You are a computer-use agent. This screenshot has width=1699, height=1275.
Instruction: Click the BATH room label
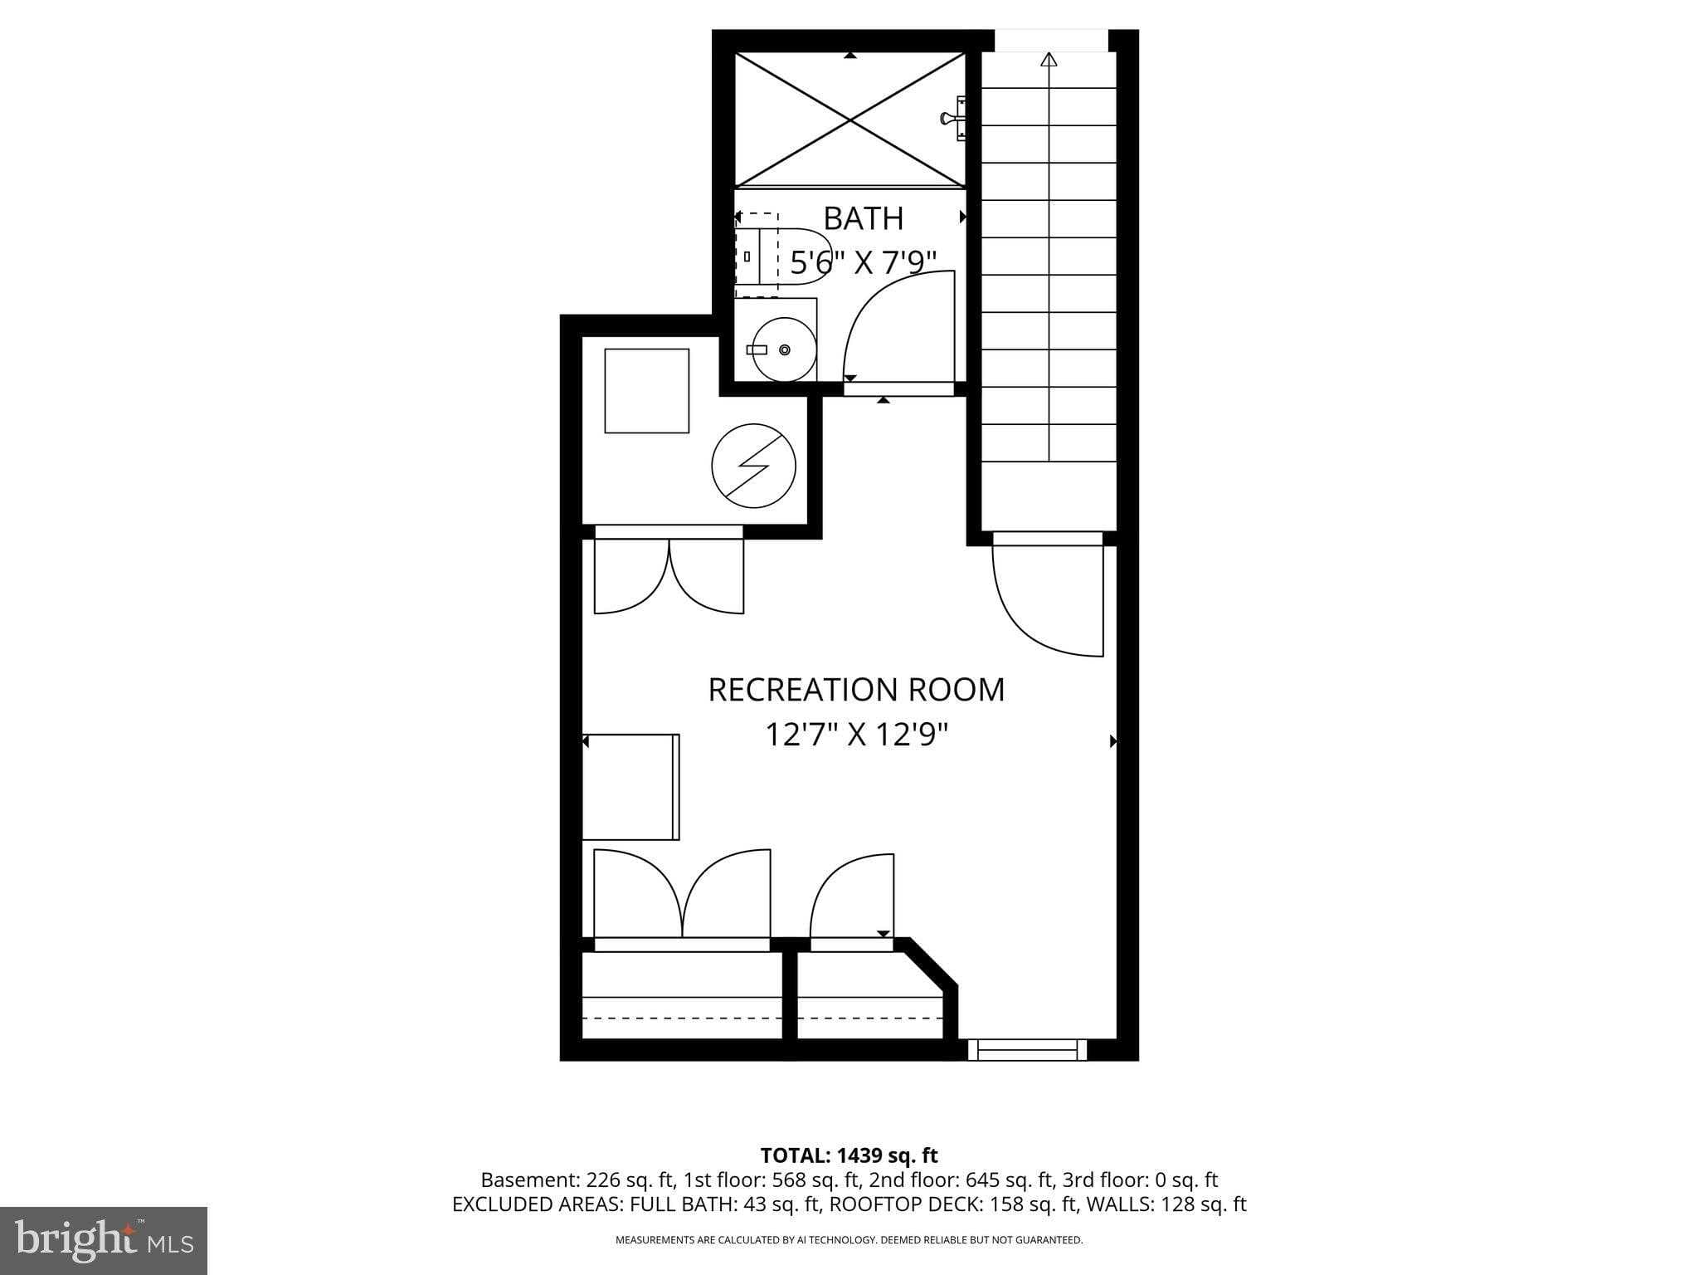[x=863, y=218]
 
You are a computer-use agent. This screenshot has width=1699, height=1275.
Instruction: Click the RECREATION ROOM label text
[x=855, y=690]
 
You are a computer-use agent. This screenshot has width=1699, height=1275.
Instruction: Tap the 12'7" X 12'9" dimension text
[x=855, y=735]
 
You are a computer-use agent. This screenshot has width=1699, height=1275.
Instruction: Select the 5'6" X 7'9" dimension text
[x=863, y=263]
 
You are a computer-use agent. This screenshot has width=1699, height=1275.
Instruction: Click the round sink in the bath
[x=784, y=350]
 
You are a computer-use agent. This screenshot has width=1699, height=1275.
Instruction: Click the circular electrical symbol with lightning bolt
[x=753, y=467]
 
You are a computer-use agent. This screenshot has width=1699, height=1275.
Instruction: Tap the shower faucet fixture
[x=955, y=119]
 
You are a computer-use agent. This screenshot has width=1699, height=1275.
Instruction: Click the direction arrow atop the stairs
[x=1049, y=59]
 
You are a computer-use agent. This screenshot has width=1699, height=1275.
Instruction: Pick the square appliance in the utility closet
[x=646, y=391]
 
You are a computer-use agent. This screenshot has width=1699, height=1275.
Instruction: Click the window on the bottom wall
[x=1027, y=1051]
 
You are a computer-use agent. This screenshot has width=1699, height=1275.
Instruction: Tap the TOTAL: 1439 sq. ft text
[x=849, y=1155]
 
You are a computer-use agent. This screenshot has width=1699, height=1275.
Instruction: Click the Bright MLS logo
[x=104, y=1241]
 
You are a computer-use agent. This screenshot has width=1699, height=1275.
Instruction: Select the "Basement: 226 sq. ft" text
[x=576, y=1180]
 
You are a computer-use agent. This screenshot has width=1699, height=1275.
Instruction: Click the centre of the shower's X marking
[x=850, y=120]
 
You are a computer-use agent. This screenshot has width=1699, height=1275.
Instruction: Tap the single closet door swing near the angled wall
[x=852, y=897]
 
